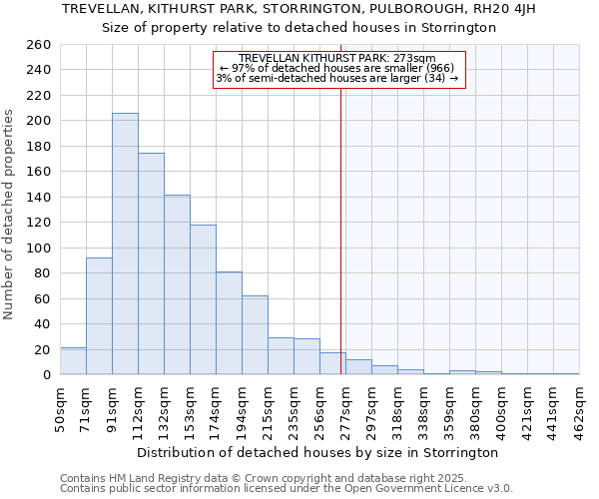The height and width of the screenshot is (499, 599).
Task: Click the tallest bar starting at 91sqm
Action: click(125, 245)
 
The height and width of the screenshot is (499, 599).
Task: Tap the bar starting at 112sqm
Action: click(151, 264)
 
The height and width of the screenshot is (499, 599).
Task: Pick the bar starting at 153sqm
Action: click(203, 299)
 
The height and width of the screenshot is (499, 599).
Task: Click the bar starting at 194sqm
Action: click(255, 335)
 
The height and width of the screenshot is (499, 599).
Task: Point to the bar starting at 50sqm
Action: click(73, 361)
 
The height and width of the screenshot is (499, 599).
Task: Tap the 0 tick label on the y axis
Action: click(46, 375)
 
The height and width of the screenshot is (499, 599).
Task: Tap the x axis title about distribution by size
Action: click(319, 452)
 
